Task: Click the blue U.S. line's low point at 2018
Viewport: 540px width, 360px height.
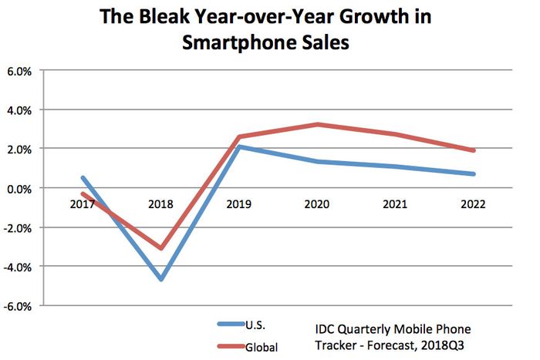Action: point(161,279)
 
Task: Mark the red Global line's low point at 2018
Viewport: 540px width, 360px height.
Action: point(161,248)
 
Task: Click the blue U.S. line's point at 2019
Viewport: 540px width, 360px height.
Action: point(240,146)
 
